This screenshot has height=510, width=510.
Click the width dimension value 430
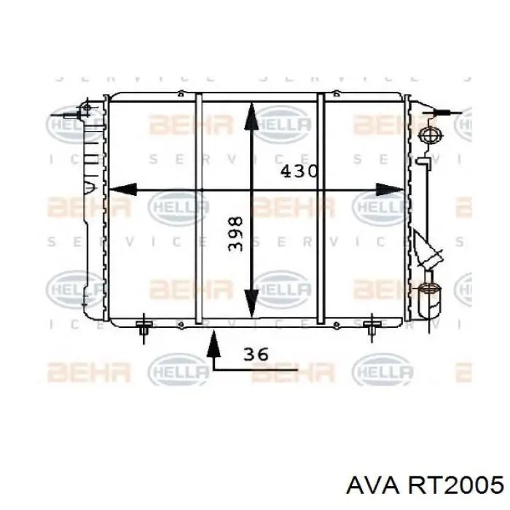click(x=299, y=172)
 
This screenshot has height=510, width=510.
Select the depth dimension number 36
click(x=256, y=354)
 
